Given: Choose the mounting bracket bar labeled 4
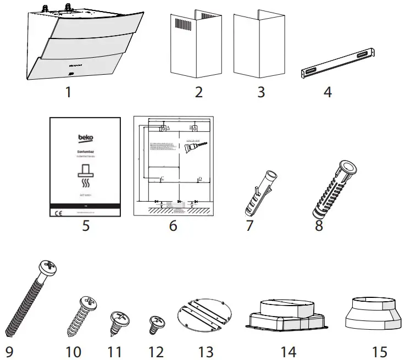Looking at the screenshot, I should tap(339, 63).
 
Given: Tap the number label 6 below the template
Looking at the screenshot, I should tap(173, 226).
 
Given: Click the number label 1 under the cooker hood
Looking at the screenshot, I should tap(68, 92).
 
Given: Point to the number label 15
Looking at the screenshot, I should tap(375, 351).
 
